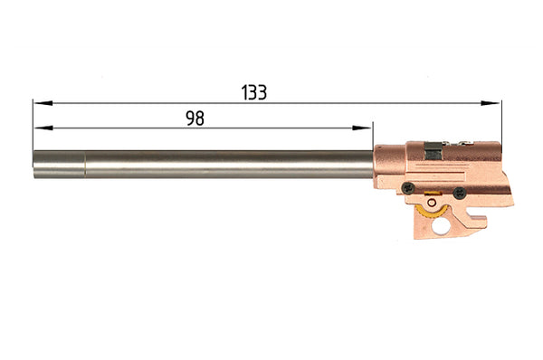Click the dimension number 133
253,92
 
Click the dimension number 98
195,118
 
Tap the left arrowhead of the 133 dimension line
43,103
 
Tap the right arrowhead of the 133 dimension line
491,103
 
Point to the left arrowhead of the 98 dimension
43,128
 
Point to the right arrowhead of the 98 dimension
361,128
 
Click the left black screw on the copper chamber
409,188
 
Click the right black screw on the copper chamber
460,193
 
